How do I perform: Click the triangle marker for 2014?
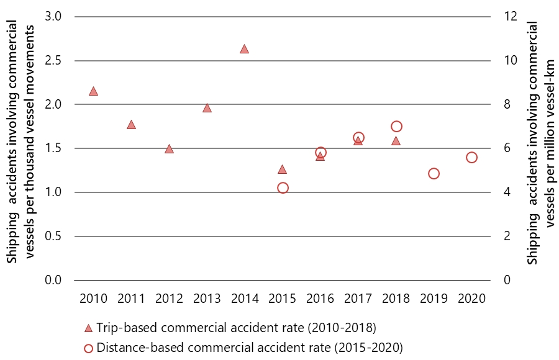click(x=244, y=49)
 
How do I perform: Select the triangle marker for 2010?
click(x=93, y=91)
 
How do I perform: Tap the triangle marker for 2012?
click(x=169, y=149)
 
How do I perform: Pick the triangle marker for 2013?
click(x=207, y=108)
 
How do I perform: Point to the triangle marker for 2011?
click(x=131, y=125)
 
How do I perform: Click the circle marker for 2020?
click(x=471, y=158)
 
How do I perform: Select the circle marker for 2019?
click(x=434, y=174)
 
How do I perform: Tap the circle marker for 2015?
click(x=283, y=188)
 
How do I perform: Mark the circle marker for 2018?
click(x=396, y=127)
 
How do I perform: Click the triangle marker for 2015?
click(x=282, y=169)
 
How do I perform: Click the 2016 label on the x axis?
click(x=320, y=299)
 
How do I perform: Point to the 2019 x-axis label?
click(x=434, y=299)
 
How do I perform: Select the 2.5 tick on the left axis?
click(x=53, y=61)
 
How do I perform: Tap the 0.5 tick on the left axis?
click(x=53, y=236)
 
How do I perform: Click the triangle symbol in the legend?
click(x=88, y=328)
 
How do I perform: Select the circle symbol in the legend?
click(x=88, y=347)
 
